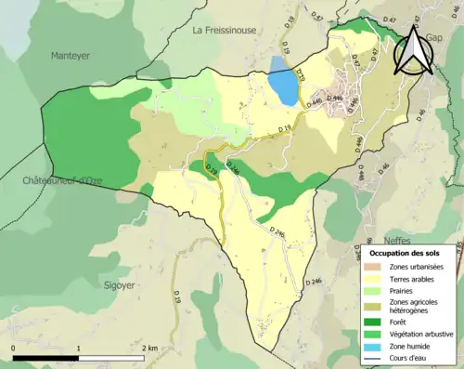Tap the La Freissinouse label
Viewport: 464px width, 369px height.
[x=224, y=31]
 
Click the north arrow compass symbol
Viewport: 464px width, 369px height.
[x=411, y=51]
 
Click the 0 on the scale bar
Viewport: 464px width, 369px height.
[x=14, y=348]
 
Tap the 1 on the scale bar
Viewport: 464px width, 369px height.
[x=78, y=348]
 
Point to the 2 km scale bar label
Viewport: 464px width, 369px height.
[x=149, y=348]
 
